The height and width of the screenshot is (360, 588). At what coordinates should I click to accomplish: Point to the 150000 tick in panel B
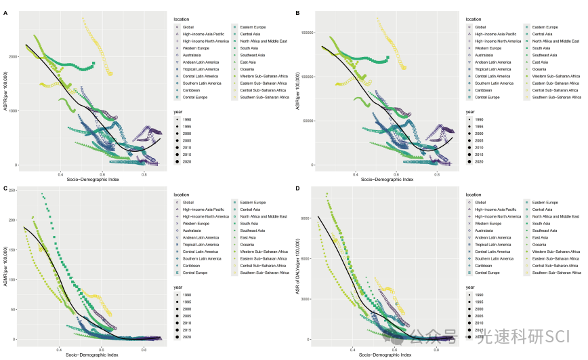306,33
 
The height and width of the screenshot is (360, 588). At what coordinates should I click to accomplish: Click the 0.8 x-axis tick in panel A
144,174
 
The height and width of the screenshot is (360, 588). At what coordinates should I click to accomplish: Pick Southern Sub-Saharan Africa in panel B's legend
556,97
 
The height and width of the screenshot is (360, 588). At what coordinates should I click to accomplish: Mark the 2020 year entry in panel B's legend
479,161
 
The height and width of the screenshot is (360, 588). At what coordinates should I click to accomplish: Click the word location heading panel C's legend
181,195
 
